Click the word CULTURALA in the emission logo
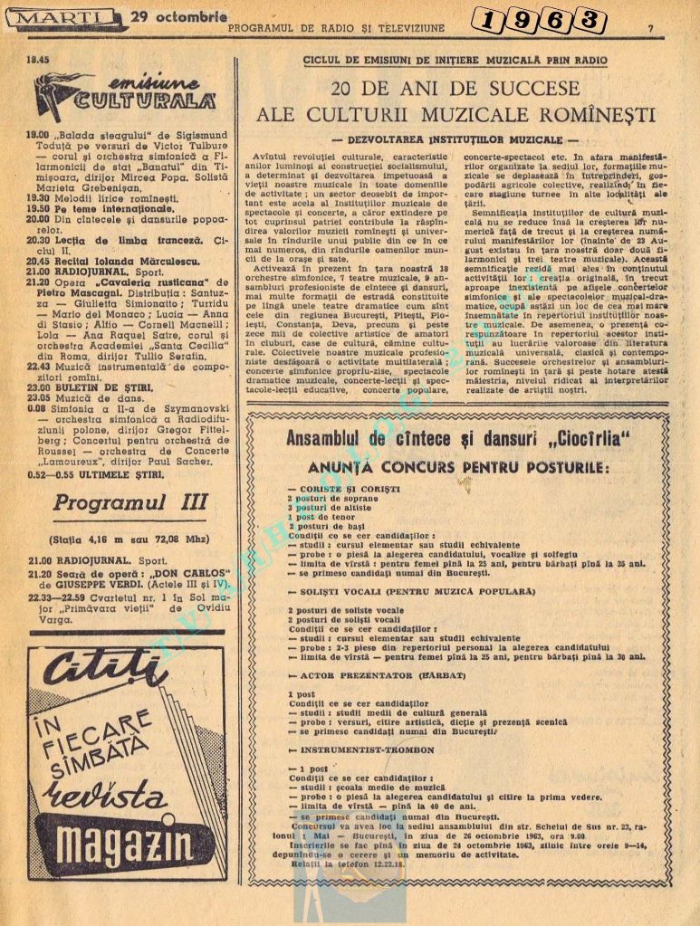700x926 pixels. coord(158,100)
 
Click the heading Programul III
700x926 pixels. coord(129,502)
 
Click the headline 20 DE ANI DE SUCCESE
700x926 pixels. coord(455,89)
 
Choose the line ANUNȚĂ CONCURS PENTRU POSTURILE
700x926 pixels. coord(458,467)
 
